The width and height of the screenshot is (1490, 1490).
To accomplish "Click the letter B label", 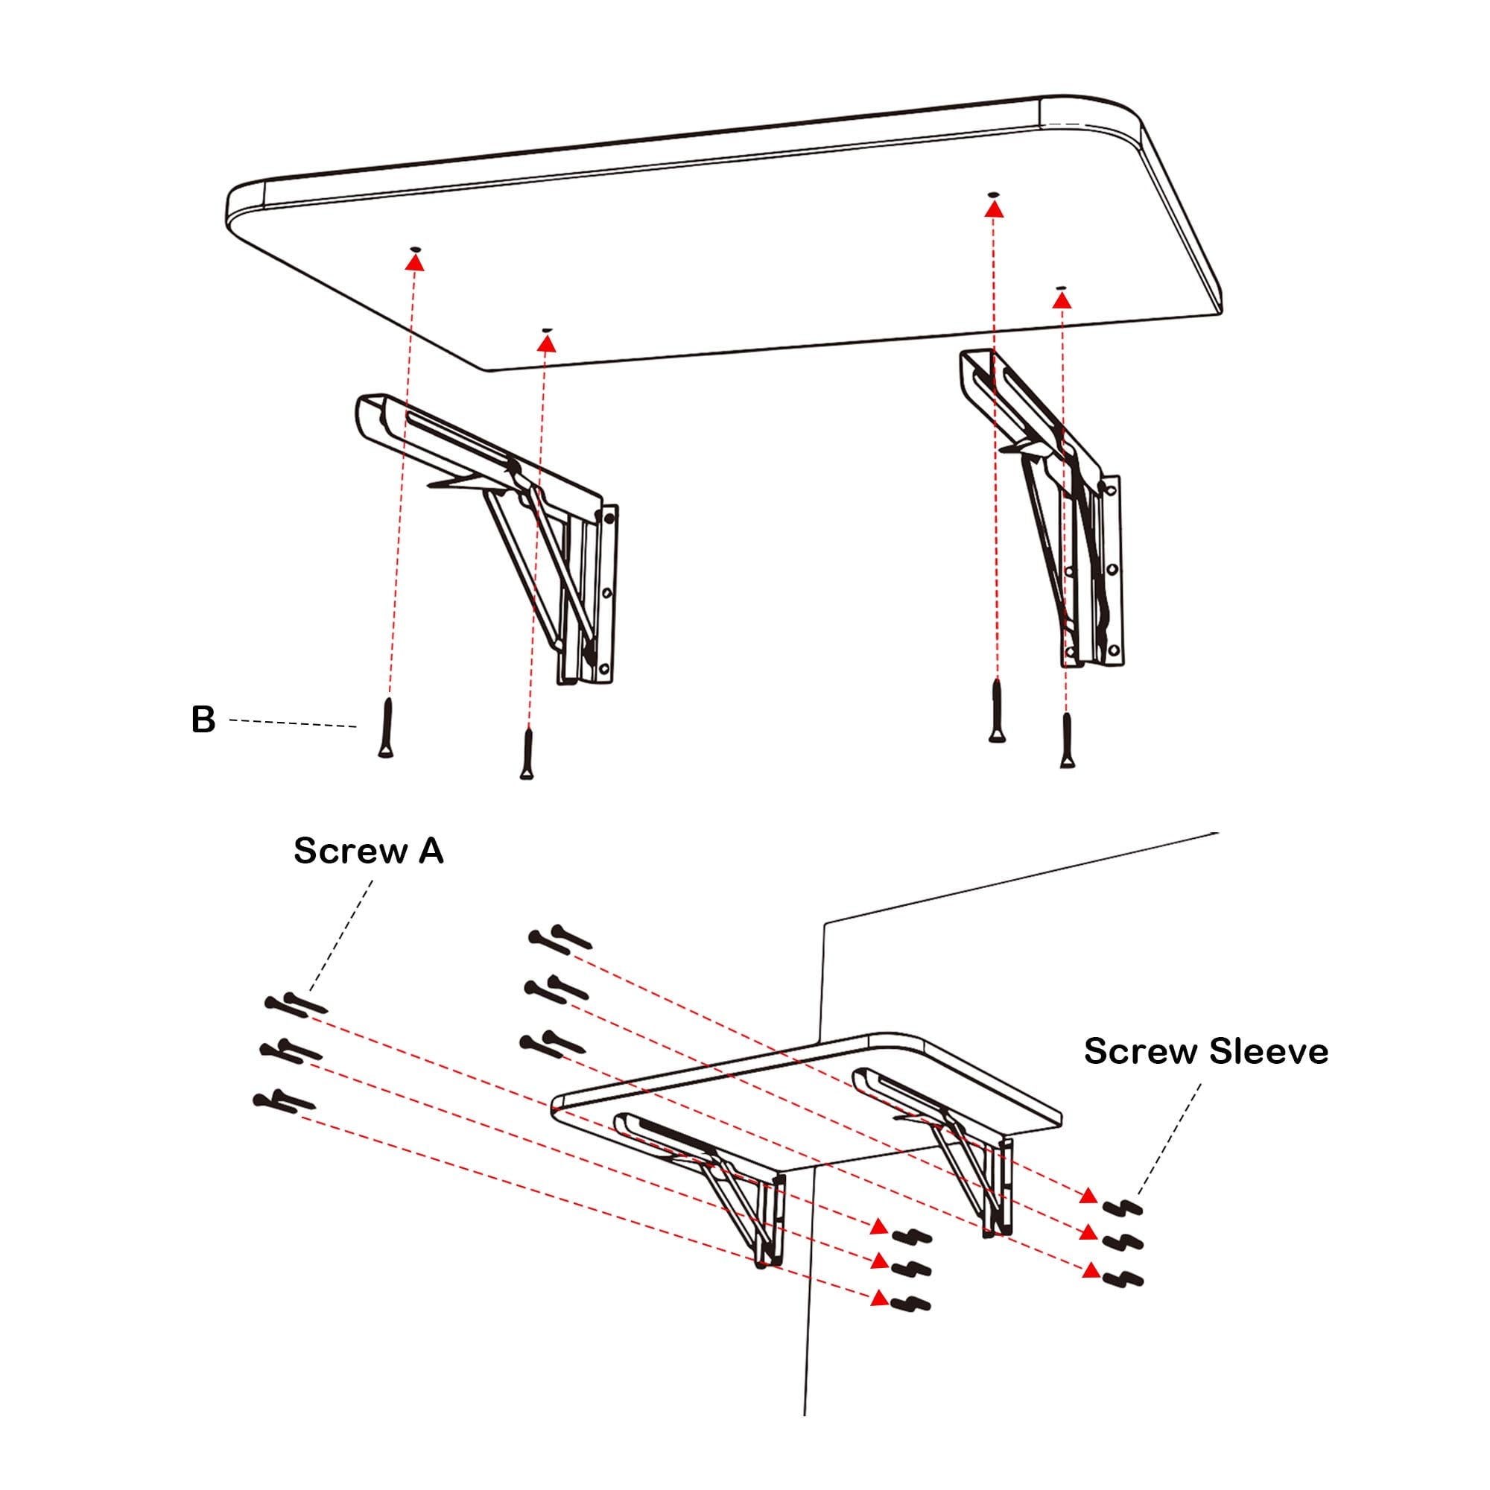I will [x=203, y=720].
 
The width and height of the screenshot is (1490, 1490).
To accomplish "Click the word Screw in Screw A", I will [x=350, y=852].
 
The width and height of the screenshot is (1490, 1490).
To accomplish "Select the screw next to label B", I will [x=386, y=727].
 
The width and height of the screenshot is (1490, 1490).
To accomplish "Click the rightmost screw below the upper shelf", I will [x=1067, y=741].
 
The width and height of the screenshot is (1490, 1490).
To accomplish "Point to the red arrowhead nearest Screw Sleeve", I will [x=1088, y=1196].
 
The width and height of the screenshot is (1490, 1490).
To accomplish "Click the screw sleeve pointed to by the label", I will [x=1123, y=1208].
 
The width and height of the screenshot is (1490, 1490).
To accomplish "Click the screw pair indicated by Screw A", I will [x=297, y=1005].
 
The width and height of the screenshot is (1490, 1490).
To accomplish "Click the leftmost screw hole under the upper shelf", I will [x=416, y=248].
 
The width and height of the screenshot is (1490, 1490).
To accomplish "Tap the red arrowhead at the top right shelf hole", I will [x=995, y=209].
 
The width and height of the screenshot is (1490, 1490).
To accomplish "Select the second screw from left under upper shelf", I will [x=527, y=753].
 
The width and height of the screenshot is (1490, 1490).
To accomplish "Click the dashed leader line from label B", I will [x=293, y=723].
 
